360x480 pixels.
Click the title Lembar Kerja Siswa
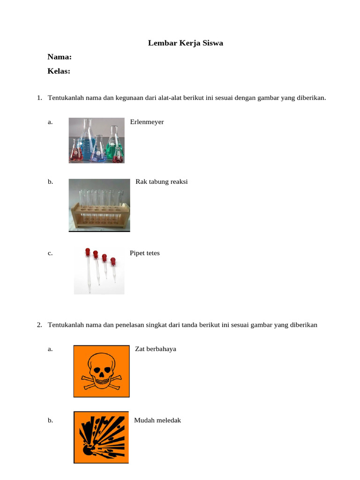click(x=186, y=43)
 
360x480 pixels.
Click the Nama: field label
click(x=60, y=57)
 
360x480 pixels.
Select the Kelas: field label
click(x=59, y=71)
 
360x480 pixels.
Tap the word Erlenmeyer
click(x=147, y=122)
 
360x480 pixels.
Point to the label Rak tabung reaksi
click(x=161, y=182)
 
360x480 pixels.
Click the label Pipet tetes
click(x=144, y=253)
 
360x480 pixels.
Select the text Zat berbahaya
click(x=155, y=349)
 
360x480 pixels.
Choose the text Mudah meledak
click(x=157, y=420)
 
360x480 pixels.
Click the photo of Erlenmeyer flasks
click(x=97, y=140)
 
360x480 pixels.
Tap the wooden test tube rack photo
click(x=99, y=205)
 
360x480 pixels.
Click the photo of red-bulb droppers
click(x=99, y=270)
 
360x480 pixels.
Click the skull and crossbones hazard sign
click(x=101, y=371)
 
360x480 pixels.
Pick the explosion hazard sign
click(x=101, y=437)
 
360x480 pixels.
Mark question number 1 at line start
click(x=39, y=98)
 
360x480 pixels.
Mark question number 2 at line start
click(x=39, y=325)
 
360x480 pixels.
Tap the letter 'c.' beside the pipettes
click(x=50, y=253)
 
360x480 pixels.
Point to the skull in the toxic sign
click(x=101, y=367)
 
